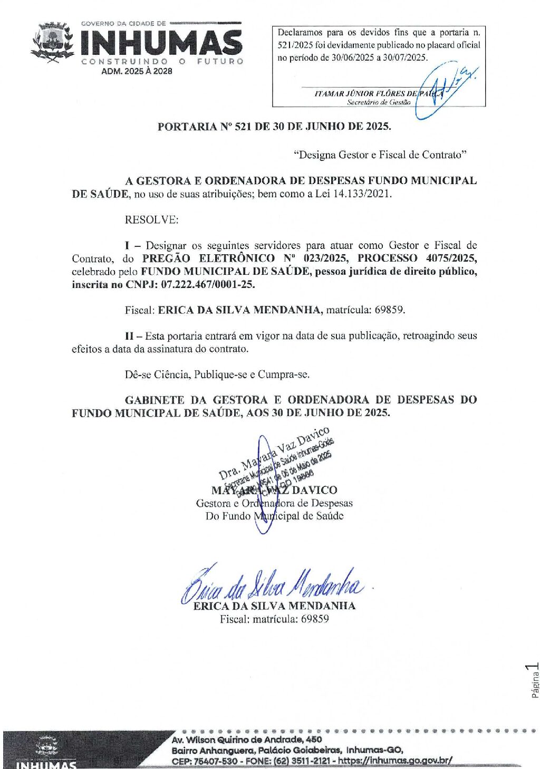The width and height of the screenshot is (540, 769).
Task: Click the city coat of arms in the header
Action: (53, 42)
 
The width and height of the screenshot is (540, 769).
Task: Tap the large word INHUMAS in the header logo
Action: (161, 42)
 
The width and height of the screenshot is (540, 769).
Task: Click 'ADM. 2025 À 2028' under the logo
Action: (137, 71)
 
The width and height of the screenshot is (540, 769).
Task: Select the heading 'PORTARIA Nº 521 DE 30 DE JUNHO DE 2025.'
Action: (274, 127)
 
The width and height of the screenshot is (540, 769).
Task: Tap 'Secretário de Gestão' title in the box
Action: (379, 102)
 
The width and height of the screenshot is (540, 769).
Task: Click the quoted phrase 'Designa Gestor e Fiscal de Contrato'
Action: (380, 155)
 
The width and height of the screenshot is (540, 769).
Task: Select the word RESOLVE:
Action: (151, 220)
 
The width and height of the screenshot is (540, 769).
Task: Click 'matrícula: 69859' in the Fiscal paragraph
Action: (365, 310)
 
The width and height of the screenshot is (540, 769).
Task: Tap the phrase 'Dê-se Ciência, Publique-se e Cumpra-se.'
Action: (217, 374)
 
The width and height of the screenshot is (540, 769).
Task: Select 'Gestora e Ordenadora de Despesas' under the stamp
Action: (274, 503)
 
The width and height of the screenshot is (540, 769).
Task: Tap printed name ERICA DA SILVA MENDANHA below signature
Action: (274, 606)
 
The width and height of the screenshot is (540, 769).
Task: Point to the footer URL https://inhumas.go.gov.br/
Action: (395, 761)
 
